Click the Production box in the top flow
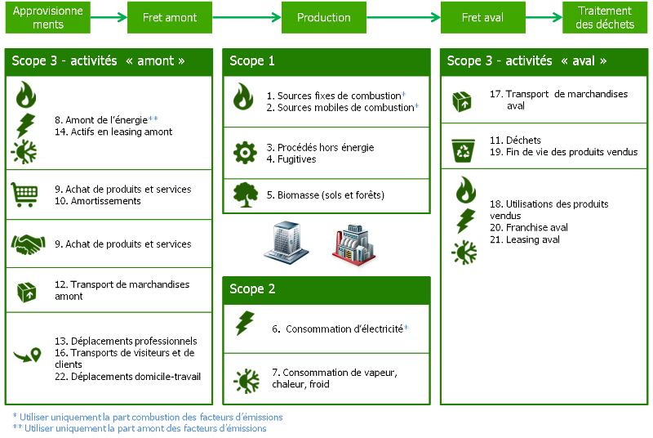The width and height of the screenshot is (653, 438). (x=324, y=17)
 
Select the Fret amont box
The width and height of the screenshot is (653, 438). (x=170, y=17)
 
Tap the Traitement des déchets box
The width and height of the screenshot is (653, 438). (x=605, y=17)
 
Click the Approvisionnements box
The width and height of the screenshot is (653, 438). (x=49, y=17)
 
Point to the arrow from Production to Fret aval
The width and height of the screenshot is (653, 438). (x=402, y=17)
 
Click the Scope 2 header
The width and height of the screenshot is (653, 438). (x=326, y=289)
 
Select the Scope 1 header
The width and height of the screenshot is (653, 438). (x=326, y=61)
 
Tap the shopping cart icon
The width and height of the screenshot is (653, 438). (x=24, y=194)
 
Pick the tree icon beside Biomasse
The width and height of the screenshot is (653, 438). (x=244, y=194)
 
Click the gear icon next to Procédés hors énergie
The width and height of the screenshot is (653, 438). (x=244, y=153)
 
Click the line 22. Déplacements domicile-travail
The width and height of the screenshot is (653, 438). (x=127, y=377)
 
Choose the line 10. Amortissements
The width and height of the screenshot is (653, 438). (x=98, y=201)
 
